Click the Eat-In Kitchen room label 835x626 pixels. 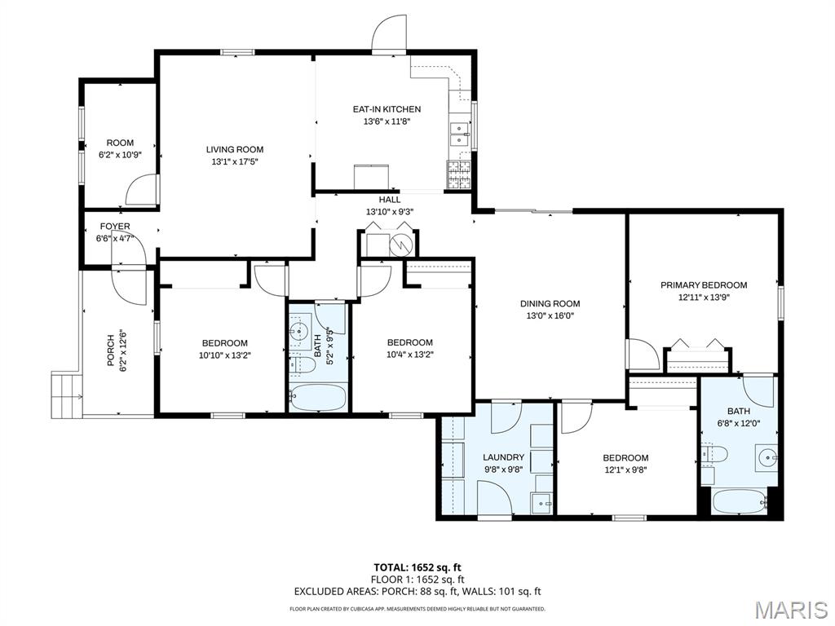click(x=387, y=109)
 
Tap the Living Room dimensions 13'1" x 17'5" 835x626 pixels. click(x=234, y=161)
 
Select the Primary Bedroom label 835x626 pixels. click(x=703, y=285)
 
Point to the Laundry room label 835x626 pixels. click(x=497, y=457)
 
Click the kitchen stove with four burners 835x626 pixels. click(x=457, y=171)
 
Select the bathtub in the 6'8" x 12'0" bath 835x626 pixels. click(x=739, y=500)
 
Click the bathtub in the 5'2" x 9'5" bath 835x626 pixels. click(x=317, y=398)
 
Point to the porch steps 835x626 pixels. click(x=66, y=394)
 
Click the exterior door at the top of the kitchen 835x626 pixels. click(x=389, y=34)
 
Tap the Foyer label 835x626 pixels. click(x=115, y=227)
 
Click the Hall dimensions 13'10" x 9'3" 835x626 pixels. click(x=390, y=212)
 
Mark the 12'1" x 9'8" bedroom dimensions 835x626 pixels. click(x=625, y=469)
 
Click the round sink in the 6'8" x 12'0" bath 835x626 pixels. click(x=767, y=456)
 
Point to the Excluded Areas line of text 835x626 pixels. click(x=417, y=592)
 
